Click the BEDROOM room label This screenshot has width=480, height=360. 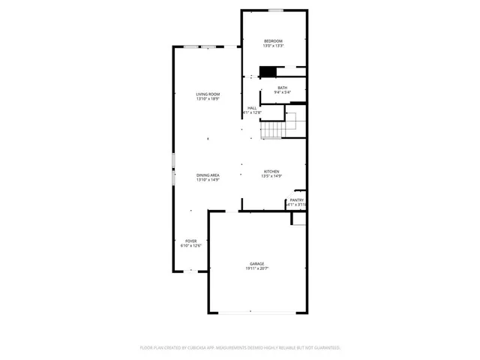click(272, 40)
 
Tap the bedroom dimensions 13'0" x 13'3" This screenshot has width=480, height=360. click(272, 46)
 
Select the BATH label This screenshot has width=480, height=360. click(282, 88)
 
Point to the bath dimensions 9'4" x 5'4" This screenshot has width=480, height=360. click(282, 93)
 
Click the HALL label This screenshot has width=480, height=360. click(253, 107)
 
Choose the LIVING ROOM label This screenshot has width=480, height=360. click(208, 94)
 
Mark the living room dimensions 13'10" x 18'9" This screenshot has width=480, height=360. click(208, 99)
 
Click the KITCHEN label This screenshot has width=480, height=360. click(271, 172)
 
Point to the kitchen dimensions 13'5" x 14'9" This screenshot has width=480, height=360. click(271, 177)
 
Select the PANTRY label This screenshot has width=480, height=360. click(297, 200)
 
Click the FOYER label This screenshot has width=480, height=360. click(190, 241)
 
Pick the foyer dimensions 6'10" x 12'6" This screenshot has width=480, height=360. click(190, 246)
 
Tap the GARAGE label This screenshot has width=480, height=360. click(257, 263)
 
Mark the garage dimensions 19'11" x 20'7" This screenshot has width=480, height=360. click(257, 268)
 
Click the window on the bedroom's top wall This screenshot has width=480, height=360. click(276, 10)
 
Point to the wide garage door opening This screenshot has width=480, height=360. click(257, 312)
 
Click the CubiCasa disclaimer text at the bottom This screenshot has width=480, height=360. click(240, 348)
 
